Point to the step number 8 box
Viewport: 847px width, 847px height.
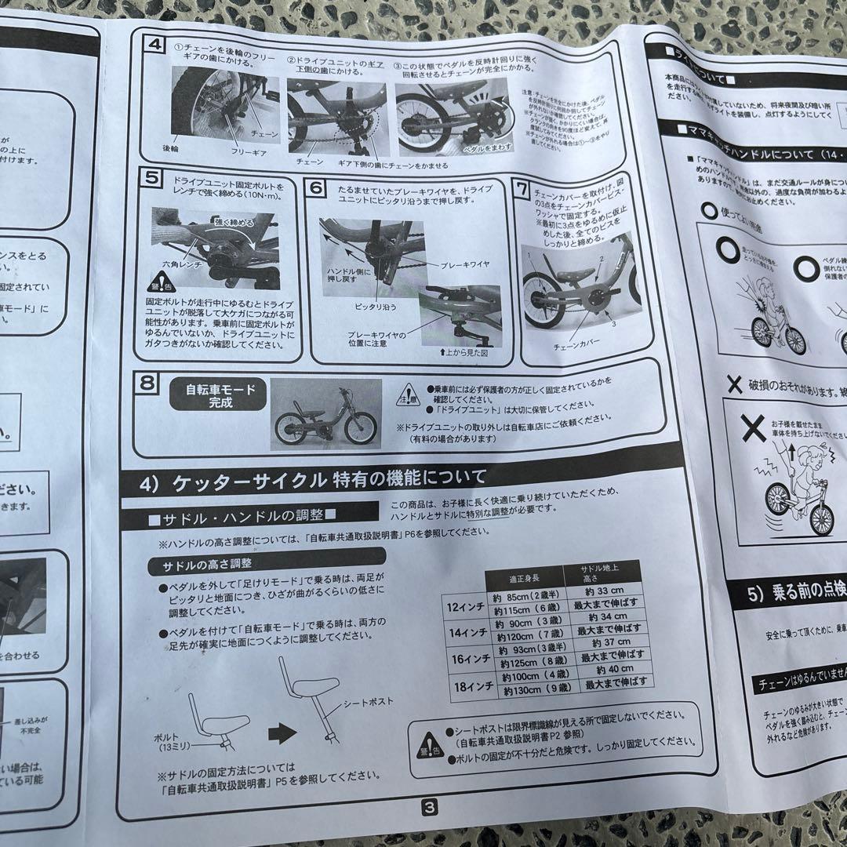pos(147,384)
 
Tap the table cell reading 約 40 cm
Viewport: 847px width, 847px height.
pos(615,669)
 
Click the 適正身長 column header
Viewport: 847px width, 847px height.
pos(527,580)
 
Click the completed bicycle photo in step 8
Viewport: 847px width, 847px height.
pos(325,414)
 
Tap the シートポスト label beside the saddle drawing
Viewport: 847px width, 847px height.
pos(367,702)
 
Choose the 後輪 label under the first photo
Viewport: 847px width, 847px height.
pos(170,147)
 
